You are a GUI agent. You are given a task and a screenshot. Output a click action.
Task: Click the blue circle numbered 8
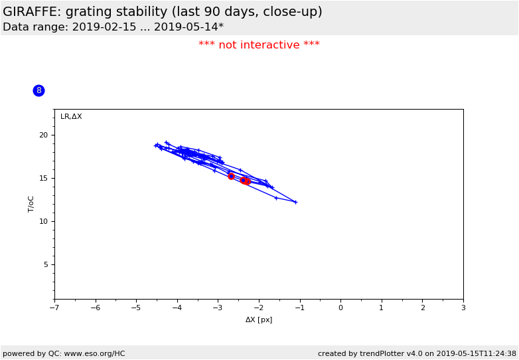38,90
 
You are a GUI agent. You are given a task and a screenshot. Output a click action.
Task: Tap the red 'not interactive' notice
259,45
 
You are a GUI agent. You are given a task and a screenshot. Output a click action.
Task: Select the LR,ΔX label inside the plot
71,117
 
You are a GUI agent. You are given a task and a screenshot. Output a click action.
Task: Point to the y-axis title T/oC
31,204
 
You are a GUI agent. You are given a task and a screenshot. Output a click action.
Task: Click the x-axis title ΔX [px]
259,319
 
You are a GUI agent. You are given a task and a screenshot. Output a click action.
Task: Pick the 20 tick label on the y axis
44,135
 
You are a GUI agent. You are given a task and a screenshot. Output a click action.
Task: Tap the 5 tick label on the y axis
46,264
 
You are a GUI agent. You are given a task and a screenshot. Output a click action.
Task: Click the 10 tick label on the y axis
44,221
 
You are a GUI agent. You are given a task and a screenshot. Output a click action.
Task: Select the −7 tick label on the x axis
54,308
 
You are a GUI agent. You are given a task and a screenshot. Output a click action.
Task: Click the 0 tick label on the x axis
340,308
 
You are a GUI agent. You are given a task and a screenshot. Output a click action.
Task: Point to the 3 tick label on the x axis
463,308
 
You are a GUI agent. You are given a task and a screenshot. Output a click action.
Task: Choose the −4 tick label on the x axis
177,308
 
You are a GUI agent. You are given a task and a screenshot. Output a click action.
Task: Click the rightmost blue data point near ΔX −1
295,202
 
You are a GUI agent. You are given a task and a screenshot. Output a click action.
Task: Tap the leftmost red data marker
231,176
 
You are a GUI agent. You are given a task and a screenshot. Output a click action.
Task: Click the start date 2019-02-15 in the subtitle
103,27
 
